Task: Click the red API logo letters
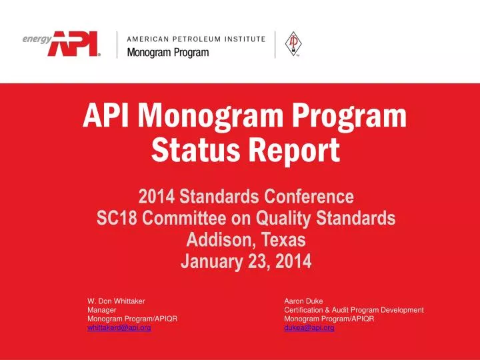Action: pyautogui.click(x=75, y=44)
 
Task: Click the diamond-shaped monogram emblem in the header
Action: pyautogui.click(x=291, y=45)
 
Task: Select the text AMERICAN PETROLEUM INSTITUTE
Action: pyautogui.click(x=196, y=38)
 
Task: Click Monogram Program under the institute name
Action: pyautogui.click(x=167, y=53)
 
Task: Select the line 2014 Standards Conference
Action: pyautogui.click(x=245, y=197)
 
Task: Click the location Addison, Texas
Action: pyautogui.click(x=245, y=239)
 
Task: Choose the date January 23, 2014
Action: pyautogui.click(x=245, y=261)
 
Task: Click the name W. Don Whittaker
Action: pyautogui.click(x=116, y=301)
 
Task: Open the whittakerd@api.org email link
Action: pyautogui.click(x=119, y=328)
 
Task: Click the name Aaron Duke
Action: pyautogui.click(x=303, y=301)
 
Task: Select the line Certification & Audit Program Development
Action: pyautogui.click(x=353, y=310)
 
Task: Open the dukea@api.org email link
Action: pyautogui.click(x=309, y=328)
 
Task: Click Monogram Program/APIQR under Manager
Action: pyautogui.click(x=132, y=319)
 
